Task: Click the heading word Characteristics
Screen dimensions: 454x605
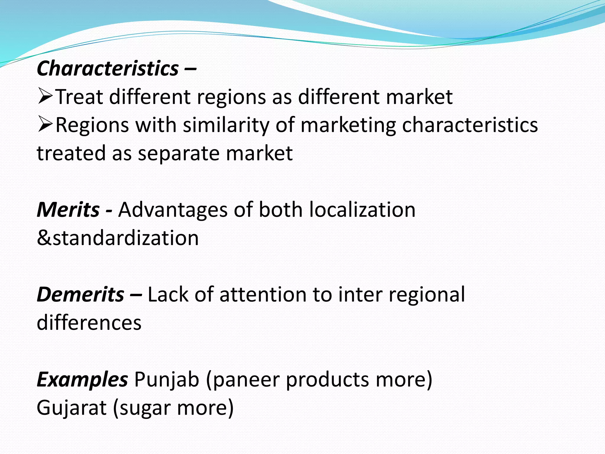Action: pos(108,69)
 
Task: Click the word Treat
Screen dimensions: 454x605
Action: pos(79,97)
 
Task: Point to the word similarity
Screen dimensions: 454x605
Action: pos(226,125)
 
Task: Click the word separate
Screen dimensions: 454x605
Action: pos(179,153)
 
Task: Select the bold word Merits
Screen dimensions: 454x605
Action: pos(68,210)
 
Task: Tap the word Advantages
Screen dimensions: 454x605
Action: pos(173,210)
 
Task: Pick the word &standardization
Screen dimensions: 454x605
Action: pos(118,238)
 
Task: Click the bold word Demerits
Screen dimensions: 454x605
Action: pos(80,294)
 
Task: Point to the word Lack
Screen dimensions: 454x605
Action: pos(168,294)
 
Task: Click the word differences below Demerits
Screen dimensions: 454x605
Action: pos(89,322)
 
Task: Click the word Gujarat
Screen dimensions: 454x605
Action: pos(71,408)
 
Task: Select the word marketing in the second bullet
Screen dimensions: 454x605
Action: pos(348,125)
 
